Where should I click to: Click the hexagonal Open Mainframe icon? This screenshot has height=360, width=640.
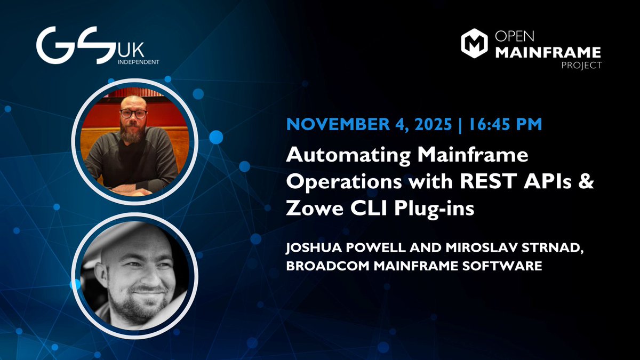473,43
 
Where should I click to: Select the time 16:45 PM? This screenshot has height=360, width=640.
506,125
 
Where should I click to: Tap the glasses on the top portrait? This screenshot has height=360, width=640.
133,113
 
